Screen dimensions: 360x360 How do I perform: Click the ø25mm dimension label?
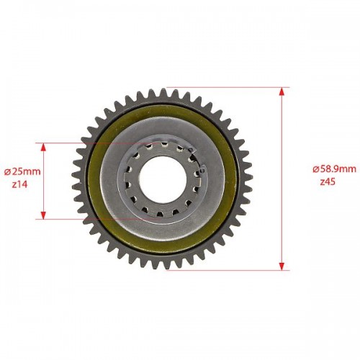tap(22, 171)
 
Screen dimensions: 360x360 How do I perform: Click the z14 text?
tap(19, 184)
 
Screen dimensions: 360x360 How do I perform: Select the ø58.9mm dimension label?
tap(334, 169)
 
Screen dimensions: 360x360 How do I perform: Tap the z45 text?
tap(328, 182)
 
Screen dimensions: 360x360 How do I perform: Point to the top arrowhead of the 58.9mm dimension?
tap(282, 92)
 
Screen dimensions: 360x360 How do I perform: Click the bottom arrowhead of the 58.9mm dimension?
tap(282, 266)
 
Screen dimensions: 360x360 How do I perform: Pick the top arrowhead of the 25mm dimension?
tap(43, 147)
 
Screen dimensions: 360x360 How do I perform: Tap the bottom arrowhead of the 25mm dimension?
tap(43, 215)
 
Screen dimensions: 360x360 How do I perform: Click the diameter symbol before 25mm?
tap(8, 172)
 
